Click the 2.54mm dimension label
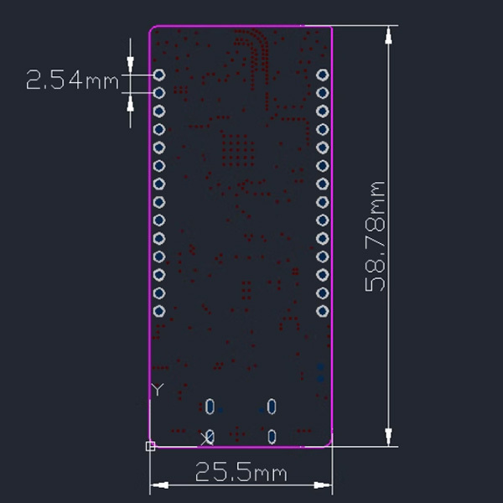73,81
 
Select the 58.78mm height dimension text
376,236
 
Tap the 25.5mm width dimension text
241,473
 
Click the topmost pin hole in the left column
159,75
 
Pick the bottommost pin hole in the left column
159,311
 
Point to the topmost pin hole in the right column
323,75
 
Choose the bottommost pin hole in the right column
323,311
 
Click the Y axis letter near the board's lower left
157,390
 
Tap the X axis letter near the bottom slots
205,438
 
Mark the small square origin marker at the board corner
151,446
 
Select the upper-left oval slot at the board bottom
210,407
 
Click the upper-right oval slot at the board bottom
272,407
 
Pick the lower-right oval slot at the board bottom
272,437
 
